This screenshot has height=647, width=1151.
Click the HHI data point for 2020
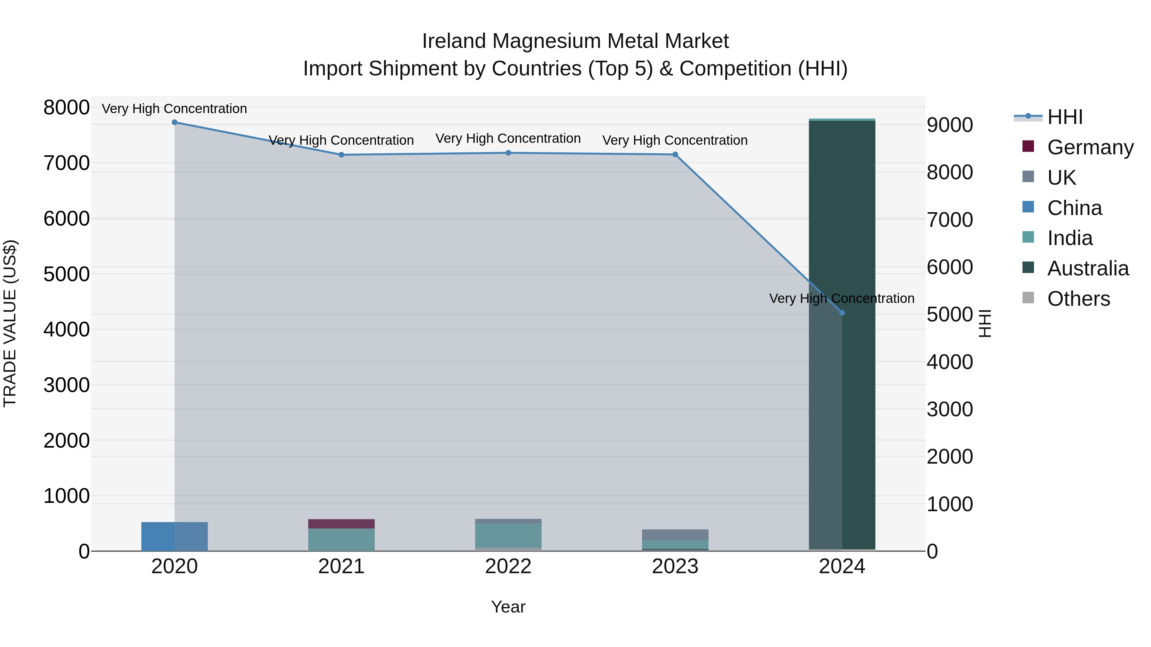pos(174,122)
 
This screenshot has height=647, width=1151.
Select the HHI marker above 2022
pos(508,153)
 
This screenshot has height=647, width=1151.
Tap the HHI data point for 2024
pos(842,313)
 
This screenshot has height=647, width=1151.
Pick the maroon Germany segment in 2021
pos(341,524)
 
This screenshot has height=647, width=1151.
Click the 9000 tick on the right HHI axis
pos(950,125)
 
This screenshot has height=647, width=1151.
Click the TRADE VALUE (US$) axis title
pos(10,323)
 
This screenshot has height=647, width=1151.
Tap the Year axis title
pos(508,607)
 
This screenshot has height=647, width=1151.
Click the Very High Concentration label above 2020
pos(174,109)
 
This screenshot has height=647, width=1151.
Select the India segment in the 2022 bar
pos(508,535)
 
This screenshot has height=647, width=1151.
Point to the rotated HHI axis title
pos(985,323)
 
